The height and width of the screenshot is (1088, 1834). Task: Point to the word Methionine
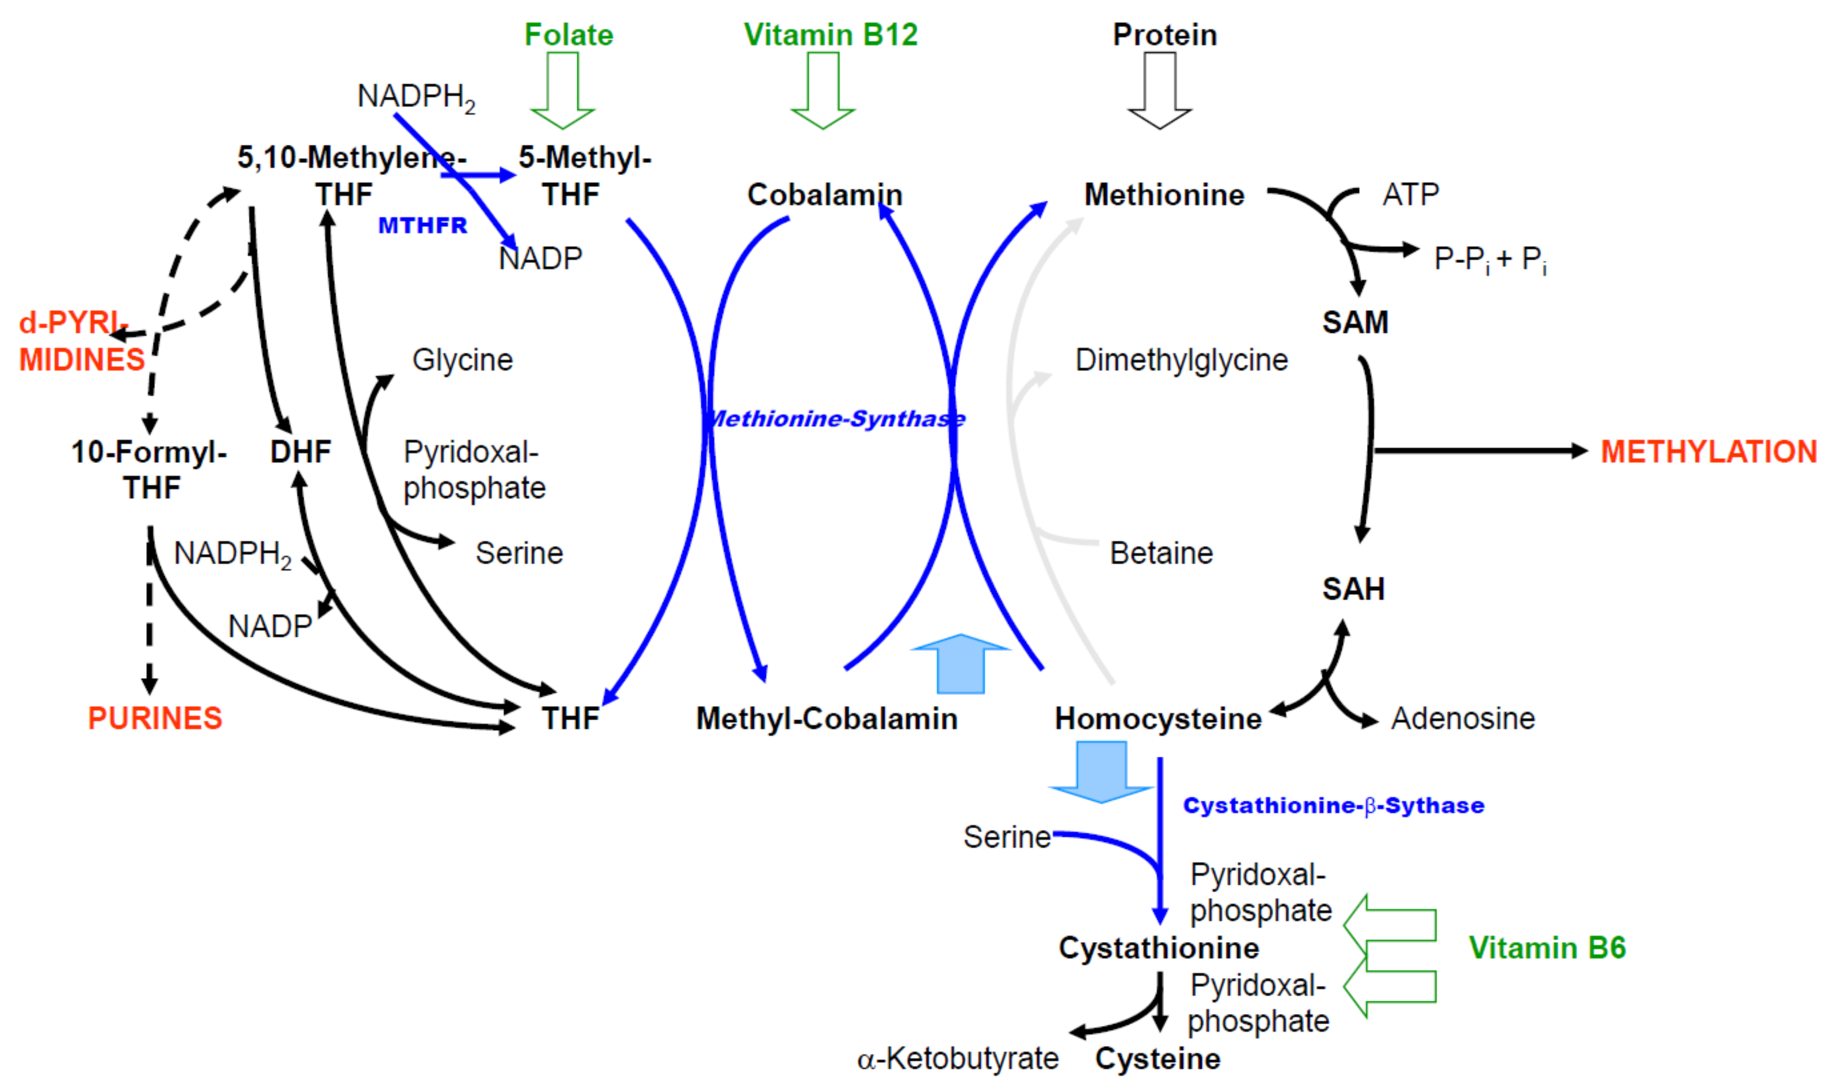pyautogui.click(x=1164, y=195)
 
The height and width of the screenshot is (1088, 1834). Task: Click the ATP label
pyautogui.click(x=1410, y=195)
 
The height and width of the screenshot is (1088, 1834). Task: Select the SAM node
pyautogui.click(x=1355, y=322)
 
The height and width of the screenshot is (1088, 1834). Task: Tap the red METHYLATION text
pyautogui.click(x=1708, y=452)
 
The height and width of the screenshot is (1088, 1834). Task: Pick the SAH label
pyautogui.click(x=1353, y=589)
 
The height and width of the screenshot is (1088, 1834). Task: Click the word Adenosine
pyautogui.click(x=1462, y=718)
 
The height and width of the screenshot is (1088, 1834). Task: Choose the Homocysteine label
pyautogui.click(x=1158, y=718)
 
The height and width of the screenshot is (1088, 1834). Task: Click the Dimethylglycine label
pyautogui.click(x=1181, y=360)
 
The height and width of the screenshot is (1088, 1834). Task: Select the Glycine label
pyautogui.click(x=462, y=360)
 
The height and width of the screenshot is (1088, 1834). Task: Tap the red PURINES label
pyautogui.click(x=155, y=718)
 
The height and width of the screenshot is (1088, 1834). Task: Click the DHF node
pyautogui.click(x=301, y=452)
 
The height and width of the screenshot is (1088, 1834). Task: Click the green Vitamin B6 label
pyautogui.click(x=1547, y=948)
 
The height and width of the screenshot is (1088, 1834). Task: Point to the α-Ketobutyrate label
pyautogui.click(x=957, y=1058)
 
